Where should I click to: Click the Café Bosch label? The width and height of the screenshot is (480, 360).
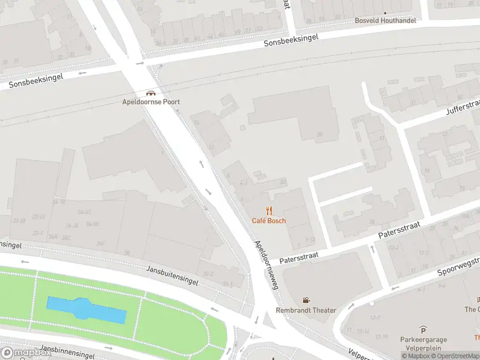point(269,221)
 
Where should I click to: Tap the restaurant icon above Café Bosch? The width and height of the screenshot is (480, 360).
point(269,210)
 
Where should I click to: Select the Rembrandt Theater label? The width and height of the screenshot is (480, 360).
point(306,310)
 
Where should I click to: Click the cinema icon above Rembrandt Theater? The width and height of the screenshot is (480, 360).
point(306,300)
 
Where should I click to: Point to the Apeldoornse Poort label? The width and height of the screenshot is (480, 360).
point(151,102)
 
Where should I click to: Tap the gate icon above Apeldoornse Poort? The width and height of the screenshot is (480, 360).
point(151,92)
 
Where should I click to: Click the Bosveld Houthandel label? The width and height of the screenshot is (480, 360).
point(385,20)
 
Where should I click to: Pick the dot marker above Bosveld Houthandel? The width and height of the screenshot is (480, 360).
point(385,12)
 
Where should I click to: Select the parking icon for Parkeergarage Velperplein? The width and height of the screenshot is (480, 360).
point(424,329)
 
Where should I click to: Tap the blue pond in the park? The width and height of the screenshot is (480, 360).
point(87,308)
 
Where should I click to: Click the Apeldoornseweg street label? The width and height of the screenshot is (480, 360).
point(268,265)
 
